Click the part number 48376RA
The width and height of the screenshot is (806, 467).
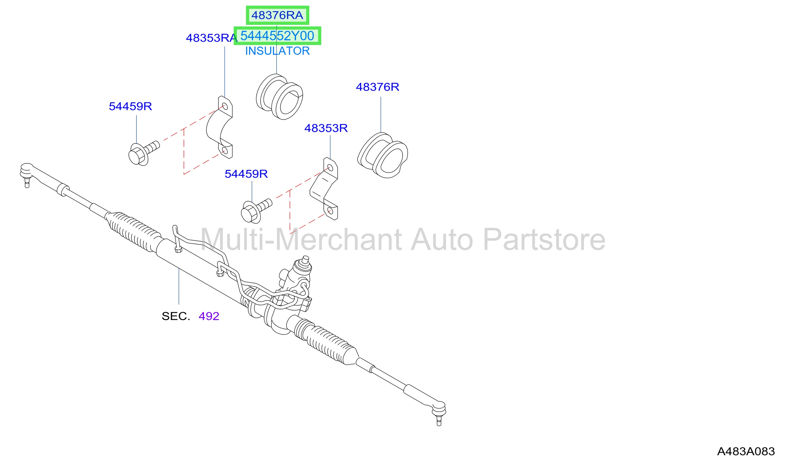(x=277, y=15)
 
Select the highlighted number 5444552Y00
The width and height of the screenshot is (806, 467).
(x=277, y=36)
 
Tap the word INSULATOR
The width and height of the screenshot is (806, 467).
(x=277, y=51)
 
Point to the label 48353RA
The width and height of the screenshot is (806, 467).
(x=211, y=38)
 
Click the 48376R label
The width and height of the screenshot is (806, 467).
(x=377, y=87)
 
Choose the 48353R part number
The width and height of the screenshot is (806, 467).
(x=326, y=128)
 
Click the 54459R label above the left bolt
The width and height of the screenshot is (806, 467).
(x=130, y=106)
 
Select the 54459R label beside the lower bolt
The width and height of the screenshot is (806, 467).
(x=246, y=174)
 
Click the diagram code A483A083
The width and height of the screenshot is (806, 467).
(x=746, y=451)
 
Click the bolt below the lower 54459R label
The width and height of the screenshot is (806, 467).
(x=256, y=211)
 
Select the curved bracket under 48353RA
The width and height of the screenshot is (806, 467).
(x=220, y=127)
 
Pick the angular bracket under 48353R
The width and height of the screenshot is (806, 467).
(x=324, y=188)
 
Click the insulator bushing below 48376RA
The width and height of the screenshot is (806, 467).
(x=279, y=97)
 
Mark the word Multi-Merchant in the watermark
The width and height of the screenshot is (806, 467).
(x=301, y=240)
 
